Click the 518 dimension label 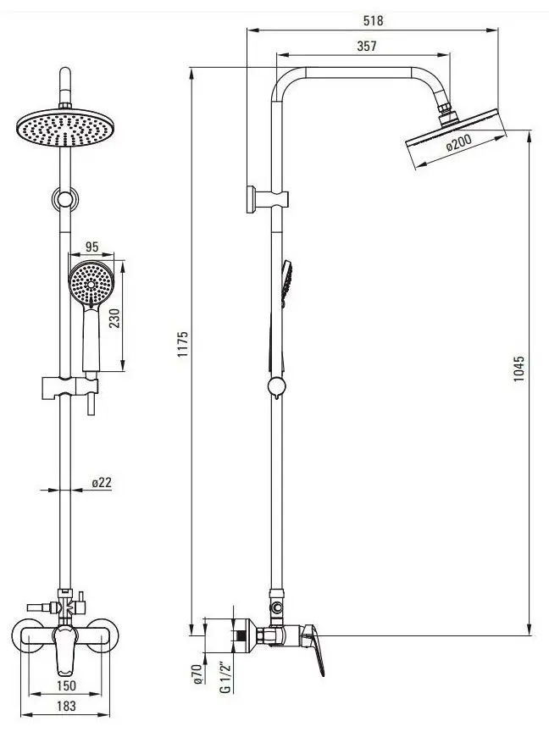pos(373,20)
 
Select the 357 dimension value pos(367,46)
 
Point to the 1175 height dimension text pos(182,345)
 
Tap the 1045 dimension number pos(519,369)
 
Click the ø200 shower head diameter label pos(459,143)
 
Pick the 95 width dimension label pos(92,247)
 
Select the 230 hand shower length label pos(114,318)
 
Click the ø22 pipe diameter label pos(102,482)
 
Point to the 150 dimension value pos(66,685)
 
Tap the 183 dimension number pos(66,707)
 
